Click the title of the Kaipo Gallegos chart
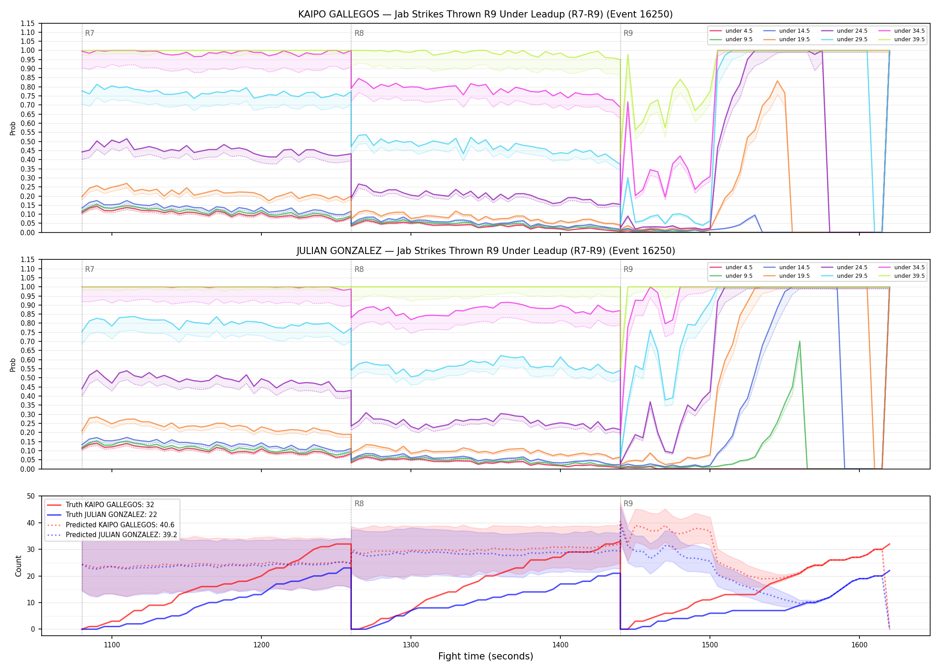(x=485, y=14)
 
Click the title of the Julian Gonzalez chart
(x=485, y=251)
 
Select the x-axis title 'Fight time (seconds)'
(x=486, y=656)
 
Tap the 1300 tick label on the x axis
(x=411, y=645)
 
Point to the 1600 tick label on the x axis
(x=859, y=645)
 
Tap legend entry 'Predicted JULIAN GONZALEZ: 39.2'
(x=112, y=535)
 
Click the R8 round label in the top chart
(x=359, y=33)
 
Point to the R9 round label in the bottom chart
(x=628, y=504)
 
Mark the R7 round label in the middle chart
(x=90, y=269)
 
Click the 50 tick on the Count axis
(x=31, y=496)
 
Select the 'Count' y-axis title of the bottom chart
(x=18, y=566)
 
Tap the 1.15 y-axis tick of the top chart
(x=28, y=23)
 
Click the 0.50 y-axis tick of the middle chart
(x=28, y=378)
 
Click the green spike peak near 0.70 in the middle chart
(x=799, y=341)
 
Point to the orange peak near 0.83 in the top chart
(x=777, y=81)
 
